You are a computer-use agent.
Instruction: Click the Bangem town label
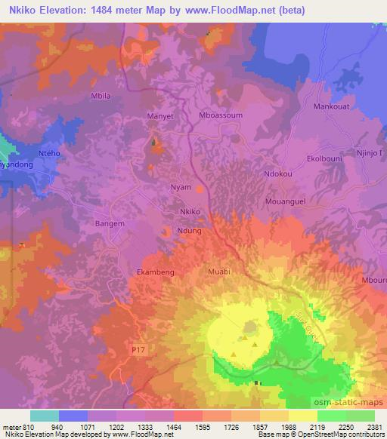click(x=108, y=223)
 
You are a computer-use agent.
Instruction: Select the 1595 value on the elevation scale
click(x=202, y=425)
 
